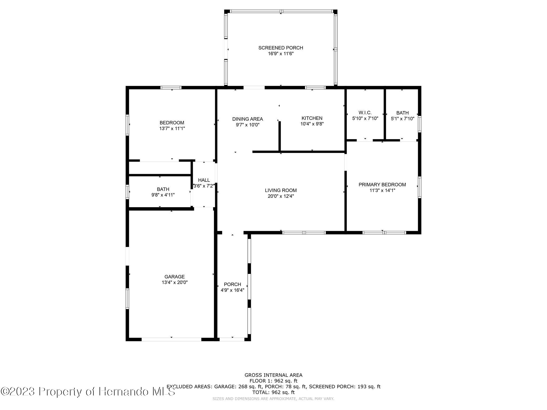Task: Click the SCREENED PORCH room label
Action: (x=280, y=48)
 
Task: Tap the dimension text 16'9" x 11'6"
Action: (x=280, y=54)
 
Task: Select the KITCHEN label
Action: (x=312, y=118)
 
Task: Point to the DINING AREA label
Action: (x=247, y=119)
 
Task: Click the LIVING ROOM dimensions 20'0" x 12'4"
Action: (x=280, y=196)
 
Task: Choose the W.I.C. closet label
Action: (x=365, y=113)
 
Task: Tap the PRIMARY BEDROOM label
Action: (x=382, y=184)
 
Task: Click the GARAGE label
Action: (x=174, y=277)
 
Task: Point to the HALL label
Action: (x=204, y=180)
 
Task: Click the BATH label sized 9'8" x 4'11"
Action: (x=163, y=189)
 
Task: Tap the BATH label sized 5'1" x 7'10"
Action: (x=402, y=113)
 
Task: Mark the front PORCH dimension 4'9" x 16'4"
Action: (x=232, y=290)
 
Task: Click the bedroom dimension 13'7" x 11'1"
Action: (x=172, y=128)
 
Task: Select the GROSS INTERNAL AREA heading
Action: (x=273, y=375)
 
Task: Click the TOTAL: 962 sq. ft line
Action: (x=273, y=392)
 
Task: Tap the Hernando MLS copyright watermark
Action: (x=88, y=392)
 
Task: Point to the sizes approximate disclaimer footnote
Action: (x=273, y=399)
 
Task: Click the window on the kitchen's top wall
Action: (x=315, y=88)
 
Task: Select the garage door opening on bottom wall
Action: (x=171, y=340)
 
